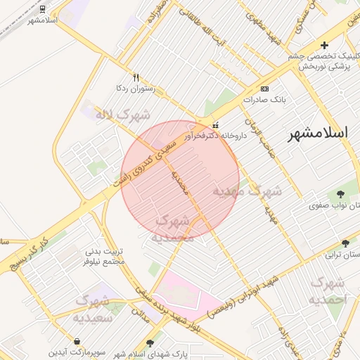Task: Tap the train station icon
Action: tap(43, 8)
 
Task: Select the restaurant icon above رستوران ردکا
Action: tap(136, 78)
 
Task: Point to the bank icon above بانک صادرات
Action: tap(264, 89)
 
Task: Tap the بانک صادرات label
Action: tap(266, 100)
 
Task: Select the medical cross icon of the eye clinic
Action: tap(323, 45)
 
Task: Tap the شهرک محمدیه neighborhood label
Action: tap(172, 229)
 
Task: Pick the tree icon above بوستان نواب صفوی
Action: tap(340, 194)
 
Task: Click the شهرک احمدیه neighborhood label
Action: tap(328, 291)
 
